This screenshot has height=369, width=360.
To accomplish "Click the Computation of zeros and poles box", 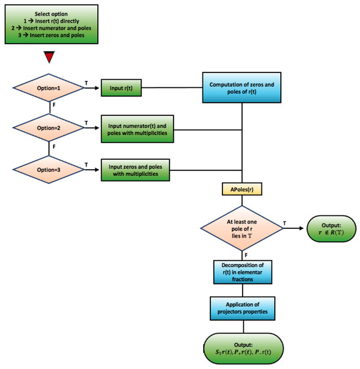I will pyautogui.click(x=243, y=88).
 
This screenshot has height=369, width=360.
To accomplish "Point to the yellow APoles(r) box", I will pyautogui.click(x=242, y=190).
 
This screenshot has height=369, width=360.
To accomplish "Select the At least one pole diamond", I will pyautogui.click(x=242, y=229).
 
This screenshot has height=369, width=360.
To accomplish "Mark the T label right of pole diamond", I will pyautogui.click(x=286, y=222).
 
